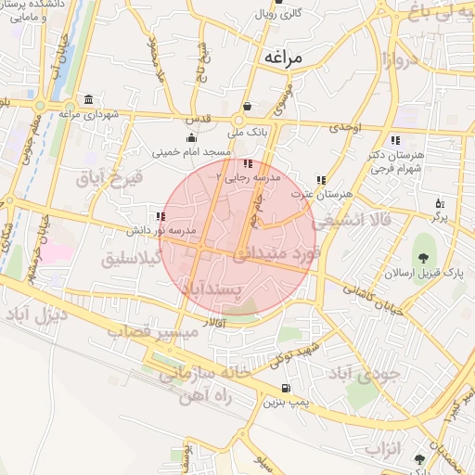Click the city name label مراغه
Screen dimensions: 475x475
click(283, 57)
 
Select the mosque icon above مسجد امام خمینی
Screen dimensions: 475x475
click(191, 138)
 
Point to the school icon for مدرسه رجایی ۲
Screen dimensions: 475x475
click(220, 163)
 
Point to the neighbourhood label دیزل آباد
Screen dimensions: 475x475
click(36, 315)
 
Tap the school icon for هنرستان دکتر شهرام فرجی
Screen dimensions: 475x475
click(394, 140)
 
